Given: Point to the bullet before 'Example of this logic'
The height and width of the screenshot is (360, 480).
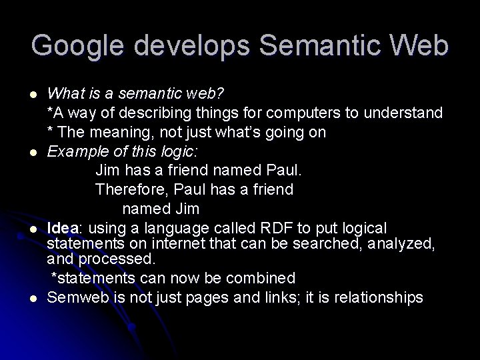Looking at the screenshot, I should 34,153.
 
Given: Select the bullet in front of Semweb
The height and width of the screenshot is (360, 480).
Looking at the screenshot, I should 34,298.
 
